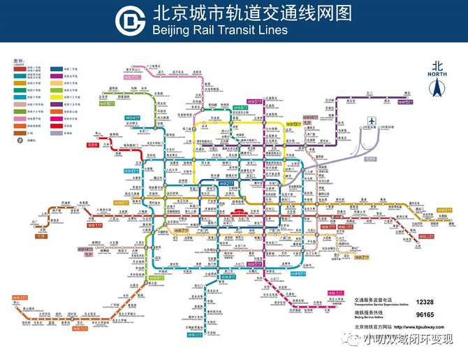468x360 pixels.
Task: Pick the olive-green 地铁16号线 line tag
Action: (108, 106)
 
